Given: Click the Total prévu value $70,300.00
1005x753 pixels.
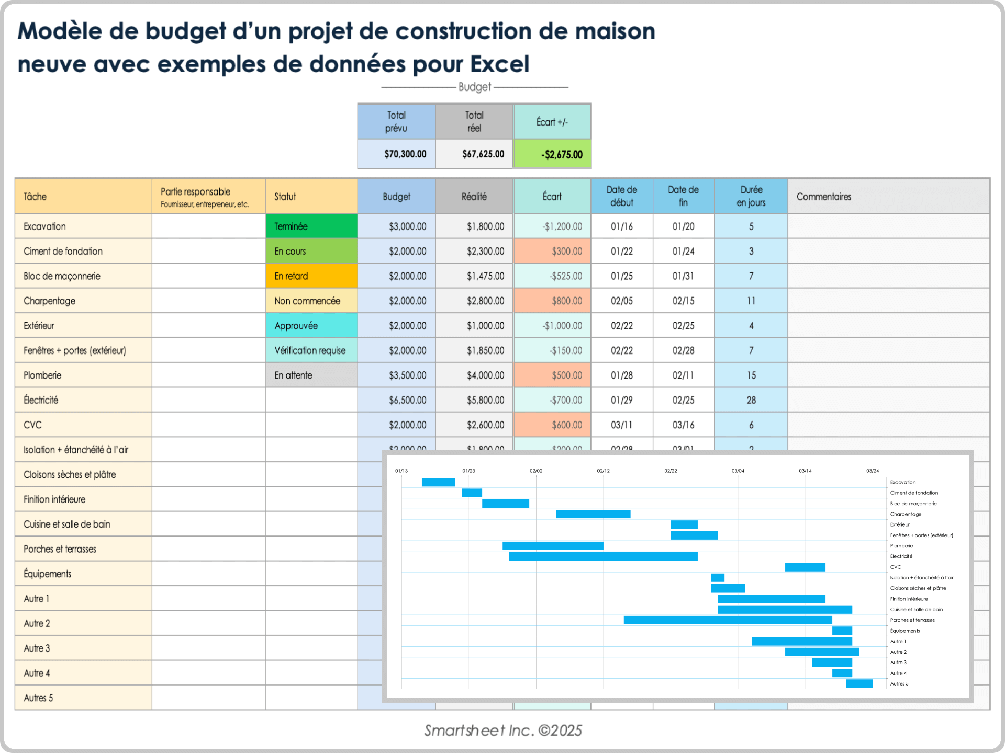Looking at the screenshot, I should pos(405,154).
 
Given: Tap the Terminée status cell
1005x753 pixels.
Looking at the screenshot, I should pos(311,226).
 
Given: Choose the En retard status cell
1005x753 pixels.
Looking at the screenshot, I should pos(311,276).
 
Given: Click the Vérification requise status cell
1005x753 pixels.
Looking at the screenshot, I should pos(311,350).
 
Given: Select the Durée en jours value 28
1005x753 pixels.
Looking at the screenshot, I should pos(751,400).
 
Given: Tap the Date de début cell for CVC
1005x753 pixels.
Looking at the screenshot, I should pos(621,425).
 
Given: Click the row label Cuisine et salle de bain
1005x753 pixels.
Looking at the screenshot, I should pos(67,524).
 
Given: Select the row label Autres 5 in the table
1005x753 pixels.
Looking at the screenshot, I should pos(38,698).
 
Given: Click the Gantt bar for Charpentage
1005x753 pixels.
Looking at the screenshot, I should pos(593,514).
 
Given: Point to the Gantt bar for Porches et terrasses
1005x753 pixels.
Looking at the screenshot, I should pos(728,620).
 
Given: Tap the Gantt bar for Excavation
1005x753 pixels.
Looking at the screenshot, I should pos(438,482).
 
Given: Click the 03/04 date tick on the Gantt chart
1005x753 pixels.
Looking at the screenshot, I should pos(738,471).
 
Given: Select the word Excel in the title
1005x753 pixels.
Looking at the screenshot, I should pos(499,64).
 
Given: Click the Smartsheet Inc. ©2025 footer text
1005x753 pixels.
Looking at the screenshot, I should pos(502,731).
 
